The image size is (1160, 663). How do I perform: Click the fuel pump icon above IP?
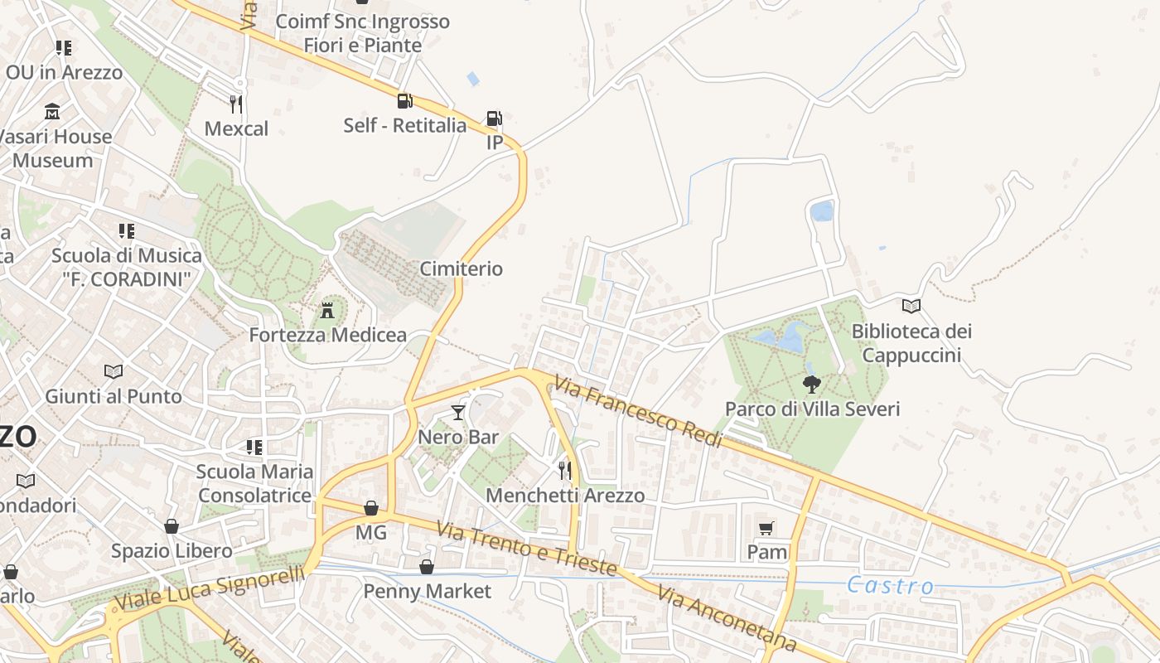494,119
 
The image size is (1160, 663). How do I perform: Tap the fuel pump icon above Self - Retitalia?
404,101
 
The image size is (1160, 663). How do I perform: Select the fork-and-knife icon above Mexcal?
236,104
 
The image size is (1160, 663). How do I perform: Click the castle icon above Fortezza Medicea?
328,311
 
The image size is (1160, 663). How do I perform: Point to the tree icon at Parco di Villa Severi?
812,384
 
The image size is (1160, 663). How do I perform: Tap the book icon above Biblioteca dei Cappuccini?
911,307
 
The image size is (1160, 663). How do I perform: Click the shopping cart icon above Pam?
766,528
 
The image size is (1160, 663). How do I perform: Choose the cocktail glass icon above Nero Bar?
458,412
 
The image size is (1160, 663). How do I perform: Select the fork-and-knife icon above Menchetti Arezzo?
565,471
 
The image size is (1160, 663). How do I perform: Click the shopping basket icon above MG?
371,508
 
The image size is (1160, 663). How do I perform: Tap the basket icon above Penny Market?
427,567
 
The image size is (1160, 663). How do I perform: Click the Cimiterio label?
462,269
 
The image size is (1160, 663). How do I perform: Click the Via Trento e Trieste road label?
527,548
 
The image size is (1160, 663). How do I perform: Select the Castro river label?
890,586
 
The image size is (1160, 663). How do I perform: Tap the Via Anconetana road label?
727,618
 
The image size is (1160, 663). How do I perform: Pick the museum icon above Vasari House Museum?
53,111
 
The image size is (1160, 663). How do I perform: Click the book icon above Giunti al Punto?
114,371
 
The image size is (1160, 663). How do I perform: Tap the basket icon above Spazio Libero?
172,526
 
